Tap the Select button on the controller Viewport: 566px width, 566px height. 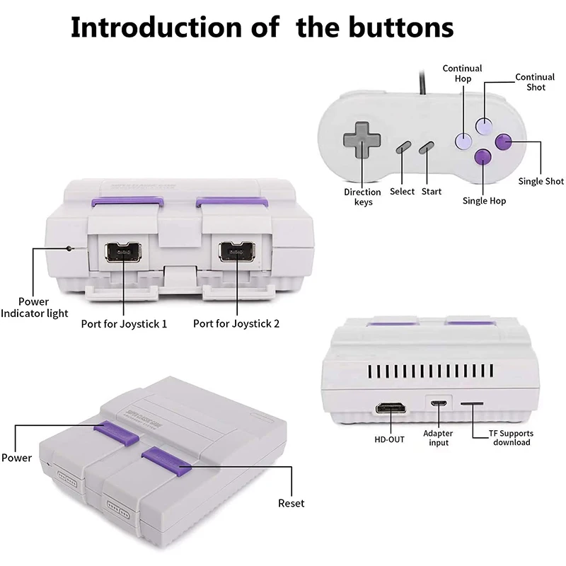[x=403, y=147]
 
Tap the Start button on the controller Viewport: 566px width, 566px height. [x=426, y=147]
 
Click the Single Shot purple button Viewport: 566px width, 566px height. [x=503, y=142]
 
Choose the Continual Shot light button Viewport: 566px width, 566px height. [x=483, y=126]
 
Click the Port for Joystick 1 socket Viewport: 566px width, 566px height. [x=124, y=253]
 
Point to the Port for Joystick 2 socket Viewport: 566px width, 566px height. [x=237, y=253]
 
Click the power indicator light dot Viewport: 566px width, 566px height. [x=69, y=248]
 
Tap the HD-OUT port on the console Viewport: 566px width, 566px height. [x=390, y=409]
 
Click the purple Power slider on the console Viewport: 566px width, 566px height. [x=117, y=432]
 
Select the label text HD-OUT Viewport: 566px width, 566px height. [x=390, y=439]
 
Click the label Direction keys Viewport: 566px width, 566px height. [x=362, y=197]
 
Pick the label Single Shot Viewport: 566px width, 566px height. [x=541, y=181]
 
